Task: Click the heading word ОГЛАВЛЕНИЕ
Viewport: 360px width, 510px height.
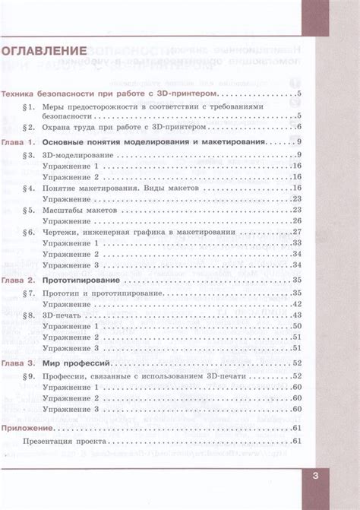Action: click(42, 52)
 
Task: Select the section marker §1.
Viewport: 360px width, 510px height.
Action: click(29, 107)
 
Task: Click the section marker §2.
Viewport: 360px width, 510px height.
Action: click(29, 127)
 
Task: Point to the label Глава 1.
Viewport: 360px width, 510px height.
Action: click(18, 143)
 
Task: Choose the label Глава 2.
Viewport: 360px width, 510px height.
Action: click(18, 280)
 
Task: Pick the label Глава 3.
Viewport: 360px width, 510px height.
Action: click(18, 363)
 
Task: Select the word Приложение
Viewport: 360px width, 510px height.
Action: click(22, 427)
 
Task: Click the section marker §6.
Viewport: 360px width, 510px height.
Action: click(29, 231)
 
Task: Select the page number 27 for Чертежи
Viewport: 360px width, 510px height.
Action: click(298, 231)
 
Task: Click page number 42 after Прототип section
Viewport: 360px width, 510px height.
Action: click(298, 304)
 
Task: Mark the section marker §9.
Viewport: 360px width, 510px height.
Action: click(29, 375)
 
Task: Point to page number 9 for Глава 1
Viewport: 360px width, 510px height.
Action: click(301, 143)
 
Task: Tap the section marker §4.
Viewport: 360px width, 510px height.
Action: click(29, 187)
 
